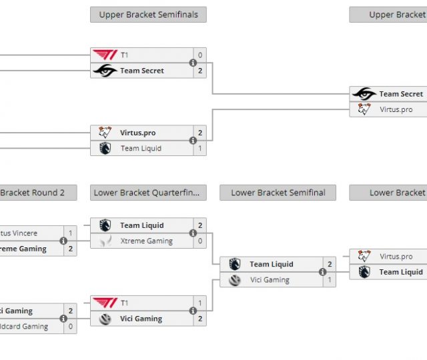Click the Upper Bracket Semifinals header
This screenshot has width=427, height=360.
(148, 15)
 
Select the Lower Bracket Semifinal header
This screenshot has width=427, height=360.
(278, 193)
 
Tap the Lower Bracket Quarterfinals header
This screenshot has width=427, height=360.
(148, 193)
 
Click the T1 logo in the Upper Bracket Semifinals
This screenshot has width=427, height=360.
(105, 55)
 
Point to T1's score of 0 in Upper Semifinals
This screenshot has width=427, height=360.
(199, 55)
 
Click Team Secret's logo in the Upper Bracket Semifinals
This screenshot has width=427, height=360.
(105, 71)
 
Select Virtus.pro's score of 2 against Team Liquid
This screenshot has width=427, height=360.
(199, 133)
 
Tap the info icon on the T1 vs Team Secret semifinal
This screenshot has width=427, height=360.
(193, 63)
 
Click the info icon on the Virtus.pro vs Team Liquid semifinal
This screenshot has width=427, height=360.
(193, 141)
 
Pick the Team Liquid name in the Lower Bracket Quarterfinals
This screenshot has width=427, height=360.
(141, 225)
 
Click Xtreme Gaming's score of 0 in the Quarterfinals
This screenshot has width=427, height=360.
(199, 241)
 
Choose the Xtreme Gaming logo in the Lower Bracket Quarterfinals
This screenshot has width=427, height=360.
(105, 241)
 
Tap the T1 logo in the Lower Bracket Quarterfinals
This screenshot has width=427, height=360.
(105, 303)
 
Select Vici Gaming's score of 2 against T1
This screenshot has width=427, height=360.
(199, 319)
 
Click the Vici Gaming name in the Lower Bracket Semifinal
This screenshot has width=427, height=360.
(269, 280)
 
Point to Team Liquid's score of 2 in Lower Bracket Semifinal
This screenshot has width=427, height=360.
(330, 264)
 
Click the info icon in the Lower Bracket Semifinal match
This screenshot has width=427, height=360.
(322, 272)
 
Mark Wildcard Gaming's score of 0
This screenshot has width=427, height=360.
(70, 327)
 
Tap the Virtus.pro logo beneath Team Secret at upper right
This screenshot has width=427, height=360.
(364, 109)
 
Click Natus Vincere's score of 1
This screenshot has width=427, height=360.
(70, 233)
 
